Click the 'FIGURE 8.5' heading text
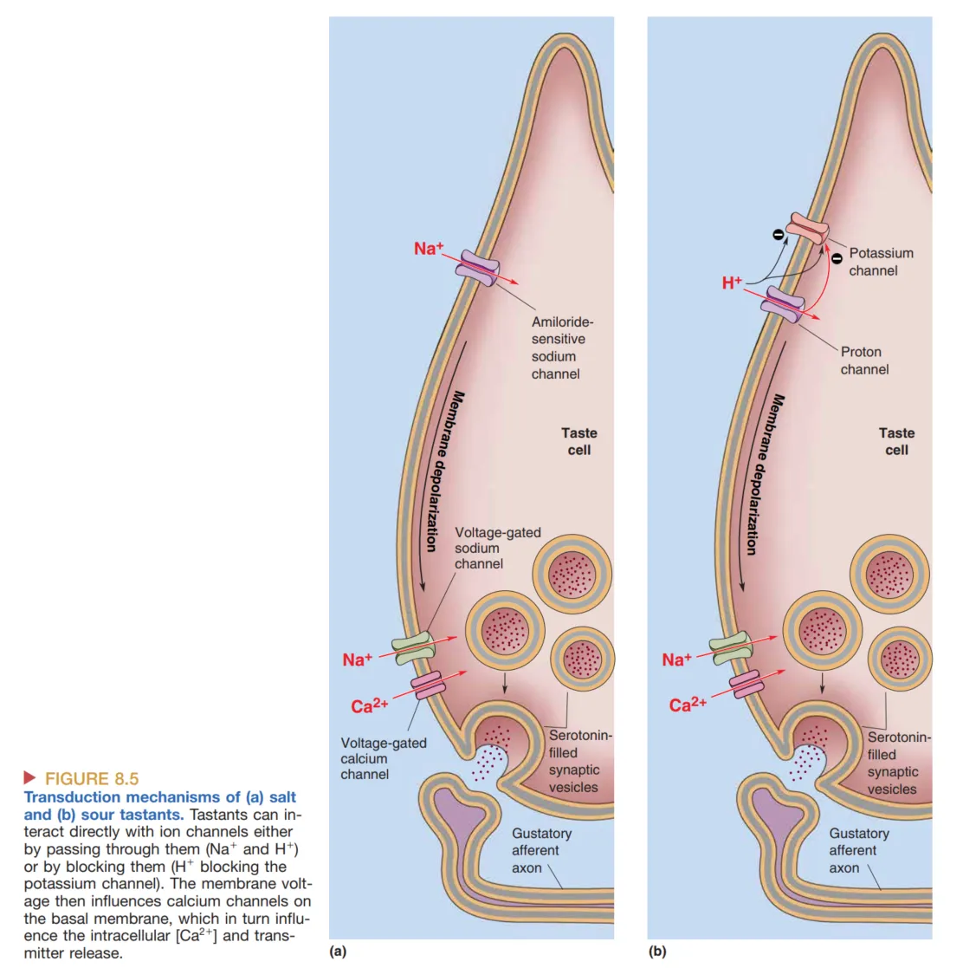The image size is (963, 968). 91,778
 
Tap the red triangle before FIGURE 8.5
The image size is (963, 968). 30,777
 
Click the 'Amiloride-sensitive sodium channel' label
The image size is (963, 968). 561,348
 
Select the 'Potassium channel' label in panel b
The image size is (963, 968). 880,262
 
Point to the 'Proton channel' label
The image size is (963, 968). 863,361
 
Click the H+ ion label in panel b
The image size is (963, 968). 732,283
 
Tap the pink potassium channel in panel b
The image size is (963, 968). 807,230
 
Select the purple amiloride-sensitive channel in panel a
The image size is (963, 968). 479,269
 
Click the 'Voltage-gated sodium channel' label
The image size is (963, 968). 497,548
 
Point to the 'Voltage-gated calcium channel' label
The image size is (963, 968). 383,758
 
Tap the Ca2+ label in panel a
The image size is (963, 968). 369,706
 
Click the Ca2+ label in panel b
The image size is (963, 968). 688,704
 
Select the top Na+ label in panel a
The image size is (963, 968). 428,249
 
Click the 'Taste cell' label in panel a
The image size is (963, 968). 578,441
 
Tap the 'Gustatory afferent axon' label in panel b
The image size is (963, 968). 858,850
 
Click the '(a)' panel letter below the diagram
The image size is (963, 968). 338,951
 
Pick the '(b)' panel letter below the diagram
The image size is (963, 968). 657,951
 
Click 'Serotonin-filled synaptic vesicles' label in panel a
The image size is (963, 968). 578,761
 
